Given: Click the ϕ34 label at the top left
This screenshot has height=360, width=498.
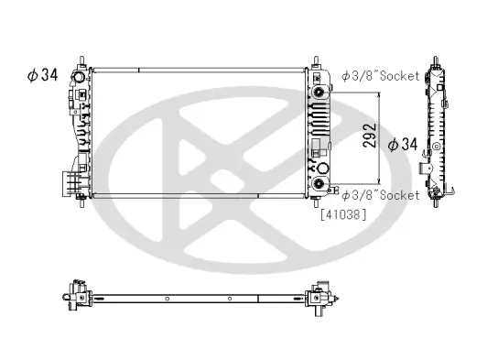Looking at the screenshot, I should tap(43, 75).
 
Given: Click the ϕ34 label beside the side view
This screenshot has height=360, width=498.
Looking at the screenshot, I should tap(404, 144).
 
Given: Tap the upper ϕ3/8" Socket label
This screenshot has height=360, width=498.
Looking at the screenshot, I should tap(381, 75).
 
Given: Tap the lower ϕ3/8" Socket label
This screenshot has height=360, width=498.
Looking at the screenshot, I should tap(381, 195).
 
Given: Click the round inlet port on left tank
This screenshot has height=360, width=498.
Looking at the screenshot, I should tap(81, 93).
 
